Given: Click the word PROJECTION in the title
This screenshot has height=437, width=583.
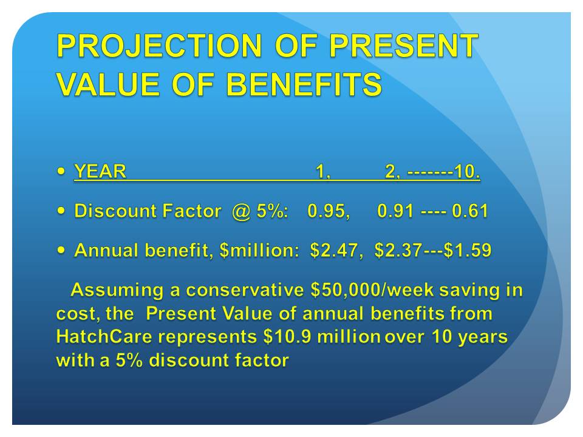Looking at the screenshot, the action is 160,46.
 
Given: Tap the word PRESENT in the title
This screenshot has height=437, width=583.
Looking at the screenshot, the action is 404,46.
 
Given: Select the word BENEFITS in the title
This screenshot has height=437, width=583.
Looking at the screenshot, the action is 304,84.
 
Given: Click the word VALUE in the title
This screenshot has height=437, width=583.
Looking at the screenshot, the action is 109,84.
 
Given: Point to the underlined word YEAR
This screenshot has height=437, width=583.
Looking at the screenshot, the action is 100,171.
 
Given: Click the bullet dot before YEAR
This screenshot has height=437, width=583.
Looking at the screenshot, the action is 61,171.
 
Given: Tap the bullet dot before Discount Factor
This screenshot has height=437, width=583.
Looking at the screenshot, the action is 61,211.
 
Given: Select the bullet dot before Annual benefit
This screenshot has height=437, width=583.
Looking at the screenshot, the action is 61,249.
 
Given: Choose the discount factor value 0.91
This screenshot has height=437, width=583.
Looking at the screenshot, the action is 395,211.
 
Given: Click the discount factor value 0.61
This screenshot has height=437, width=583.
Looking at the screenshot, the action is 470,211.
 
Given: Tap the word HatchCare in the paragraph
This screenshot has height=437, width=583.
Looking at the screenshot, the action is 104,337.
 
